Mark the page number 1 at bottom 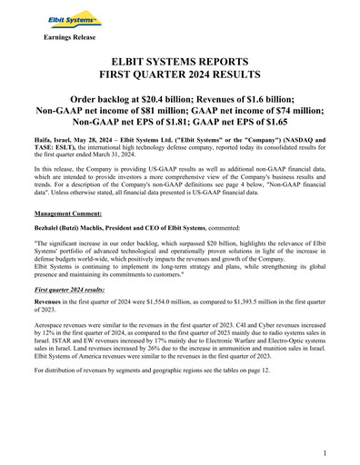(325, 452)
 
